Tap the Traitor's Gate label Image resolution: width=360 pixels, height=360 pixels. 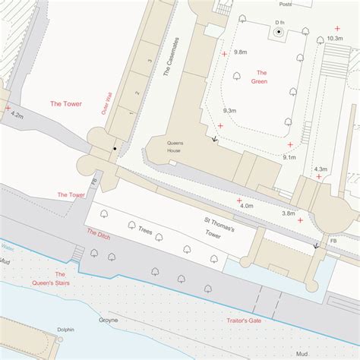(x=244, y=321)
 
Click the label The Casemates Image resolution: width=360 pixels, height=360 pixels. (x=169, y=58)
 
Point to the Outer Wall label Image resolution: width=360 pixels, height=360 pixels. (x=107, y=102)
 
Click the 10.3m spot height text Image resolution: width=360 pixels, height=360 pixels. (x=335, y=37)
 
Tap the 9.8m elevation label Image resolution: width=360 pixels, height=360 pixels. (x=241, y=52)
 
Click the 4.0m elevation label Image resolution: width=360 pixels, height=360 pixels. (x=246, y=206)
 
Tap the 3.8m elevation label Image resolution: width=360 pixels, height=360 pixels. (x=289, y=213)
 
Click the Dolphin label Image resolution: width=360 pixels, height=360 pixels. (x=65, y=329)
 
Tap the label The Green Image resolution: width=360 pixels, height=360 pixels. (x=260, y=77)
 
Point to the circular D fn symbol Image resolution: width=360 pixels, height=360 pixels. (x=279, y=33)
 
